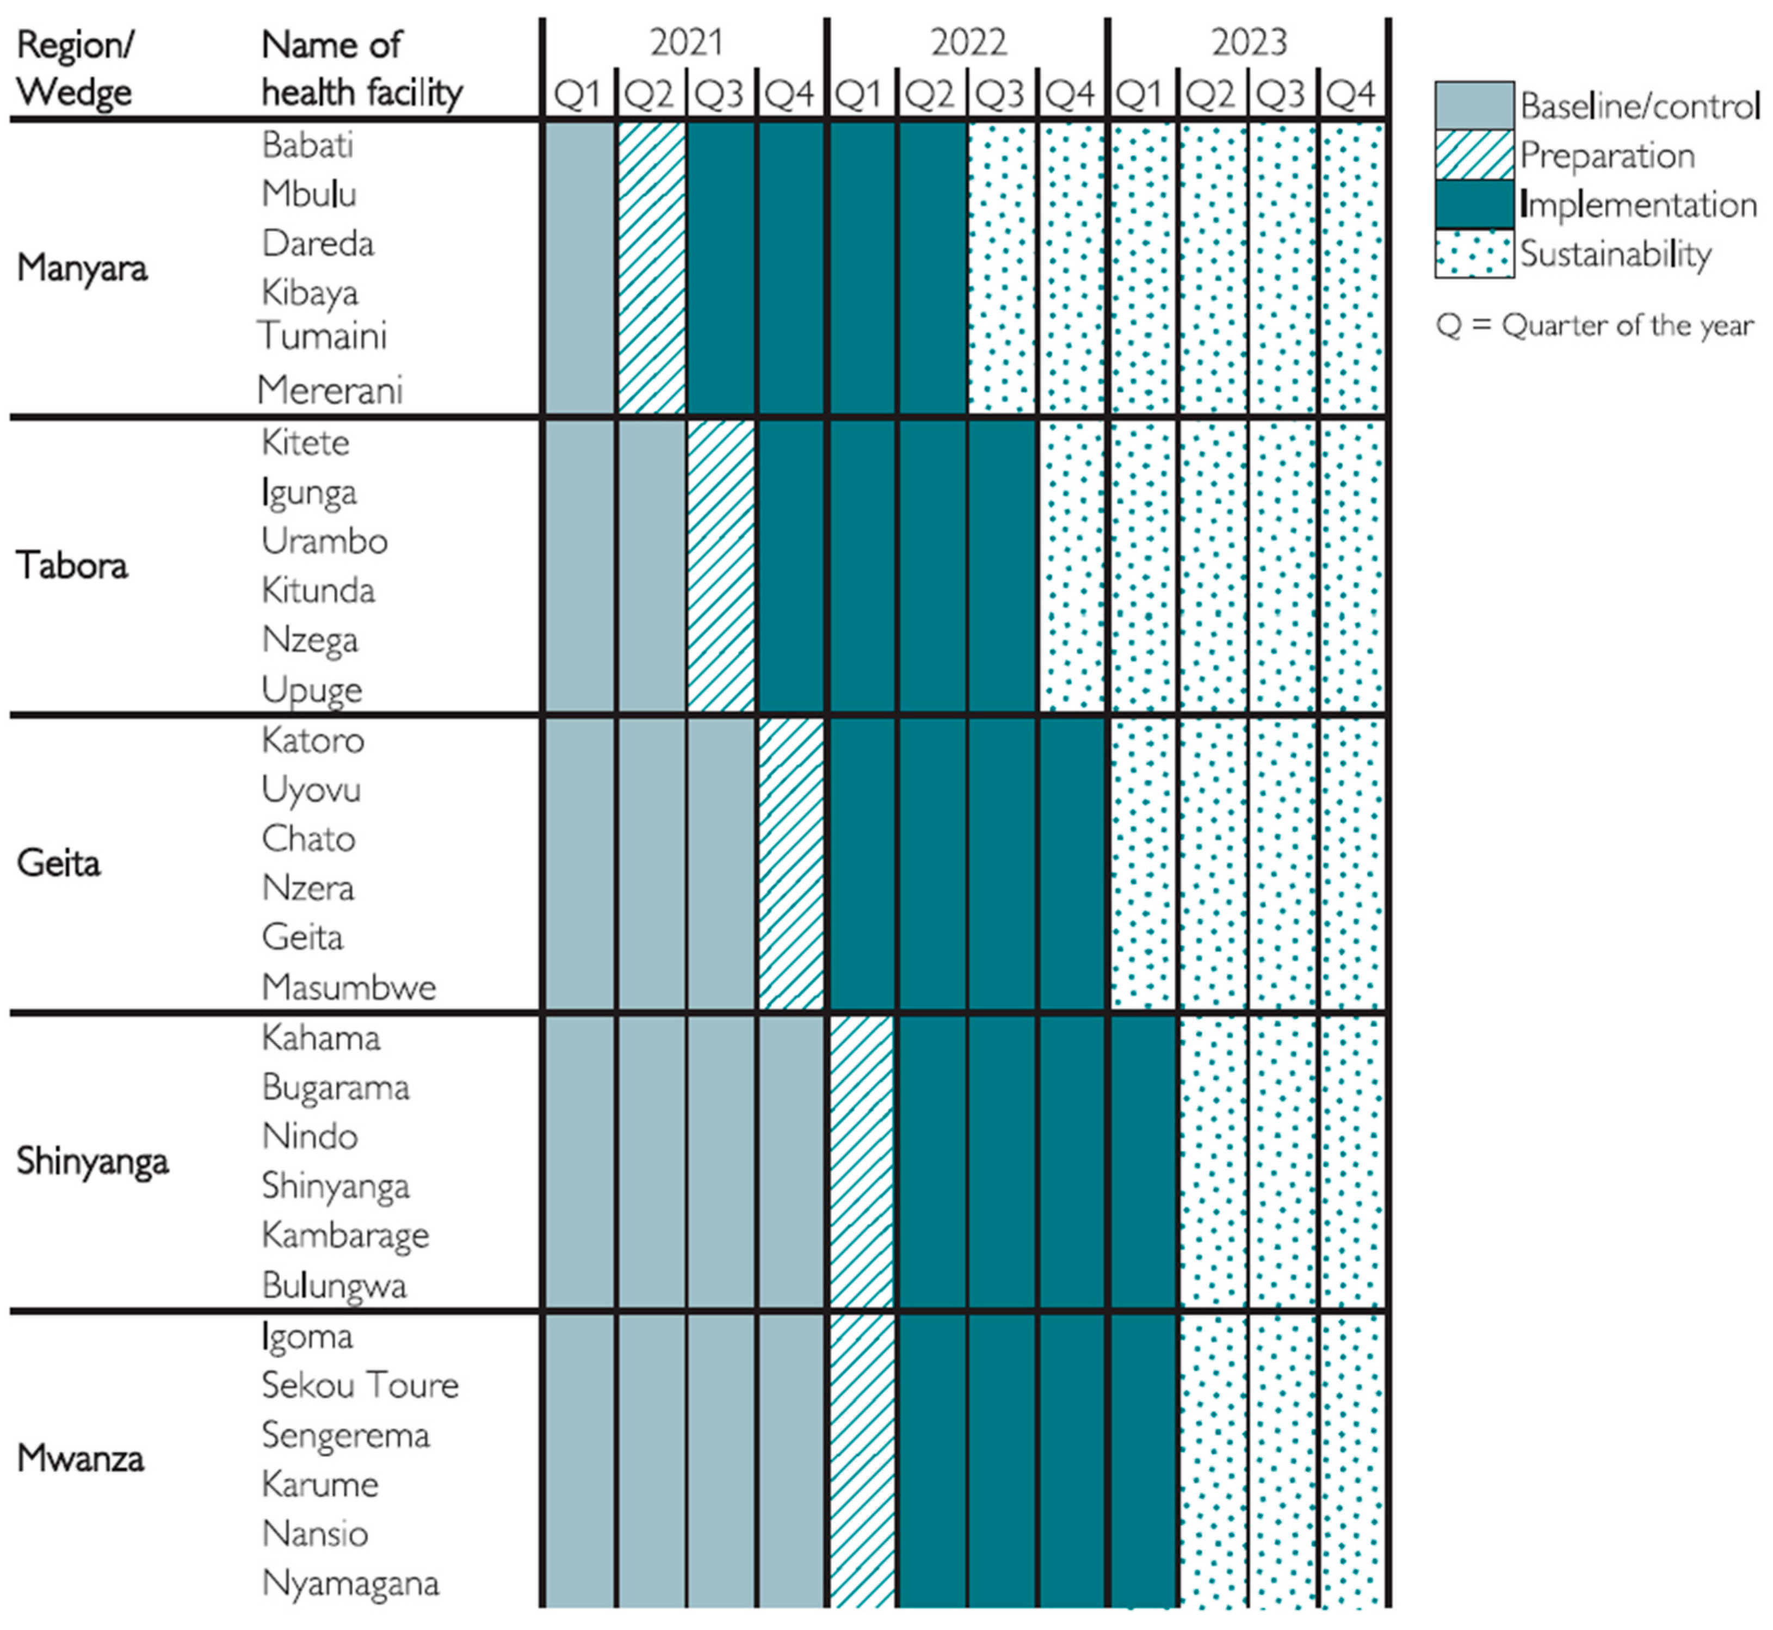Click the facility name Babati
tap(307, 146)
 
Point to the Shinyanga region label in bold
tap(92, 1161)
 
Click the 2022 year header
tap(968, 42)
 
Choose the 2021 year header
tap(686, 42)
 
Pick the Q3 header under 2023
tap(1282, 94)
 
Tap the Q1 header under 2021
tap(578, 94)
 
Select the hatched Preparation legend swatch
tap(1473, 155)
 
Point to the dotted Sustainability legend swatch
tap(1473, 254)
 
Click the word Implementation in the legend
tap(1638, 205)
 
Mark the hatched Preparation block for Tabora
tap(721, 565)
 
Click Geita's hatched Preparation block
tap(791, 863)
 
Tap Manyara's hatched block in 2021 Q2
tap(651, 267)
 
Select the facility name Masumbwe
tap(348, 987)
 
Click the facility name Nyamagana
tap(350, 1583)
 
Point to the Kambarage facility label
tap(345, 1236)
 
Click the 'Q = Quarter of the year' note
tap(1594, 325)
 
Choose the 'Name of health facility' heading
tap(362, 68)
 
